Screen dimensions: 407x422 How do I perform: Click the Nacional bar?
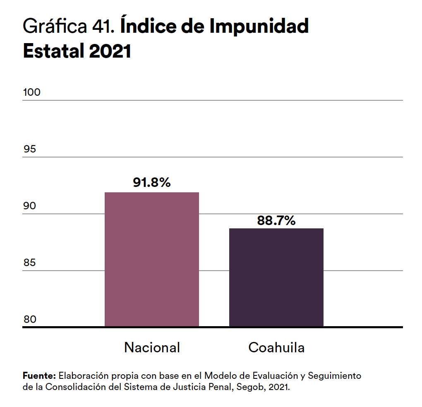[x=151, y=259]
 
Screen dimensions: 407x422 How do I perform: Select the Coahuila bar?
[x=276, y=277]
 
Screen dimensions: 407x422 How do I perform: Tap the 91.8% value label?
[x=151, y=182]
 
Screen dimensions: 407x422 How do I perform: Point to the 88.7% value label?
[x=276, y=220]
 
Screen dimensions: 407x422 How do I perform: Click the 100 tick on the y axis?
[x=32, y=92]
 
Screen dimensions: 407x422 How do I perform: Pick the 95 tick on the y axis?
[x=30, y=149]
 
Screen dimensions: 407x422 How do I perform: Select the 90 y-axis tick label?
[x=30, y=206]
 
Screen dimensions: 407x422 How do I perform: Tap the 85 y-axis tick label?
[x=30, y=263]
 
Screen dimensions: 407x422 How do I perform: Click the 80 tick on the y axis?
[x=30, y=320]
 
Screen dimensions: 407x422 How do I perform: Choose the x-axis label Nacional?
[x=152, y=347]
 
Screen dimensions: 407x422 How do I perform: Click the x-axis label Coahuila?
[x=276, y=347]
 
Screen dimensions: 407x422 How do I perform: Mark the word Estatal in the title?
[x=53, y=51]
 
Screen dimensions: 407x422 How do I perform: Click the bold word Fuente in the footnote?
[x=39, y=376]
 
